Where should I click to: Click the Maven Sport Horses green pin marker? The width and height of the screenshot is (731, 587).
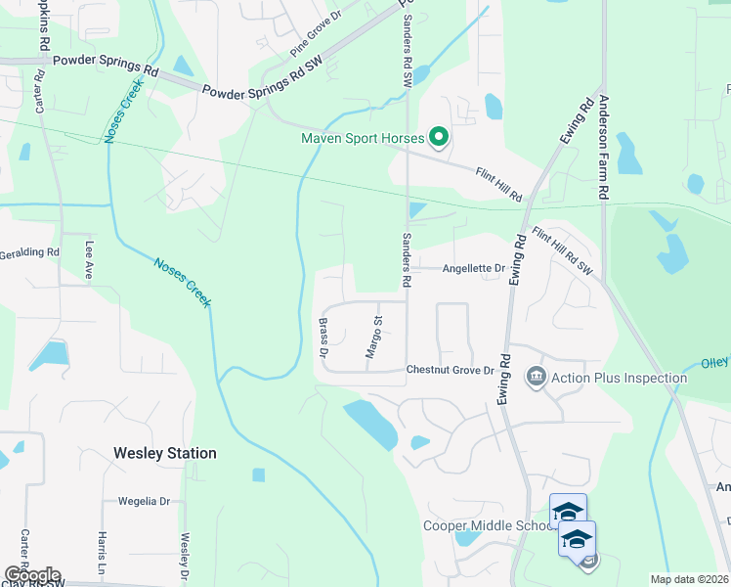click(x=439, y=137)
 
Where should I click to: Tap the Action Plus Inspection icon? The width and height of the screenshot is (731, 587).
click(x=536, y=377)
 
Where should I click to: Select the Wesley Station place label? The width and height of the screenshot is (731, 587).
click(x=164, y=453)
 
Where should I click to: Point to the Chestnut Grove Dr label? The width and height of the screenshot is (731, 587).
click(x=451, y=370)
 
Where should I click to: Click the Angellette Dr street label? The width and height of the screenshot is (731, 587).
click(x=473, y=268)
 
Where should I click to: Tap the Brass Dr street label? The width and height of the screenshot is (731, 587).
click(x=322, y=336)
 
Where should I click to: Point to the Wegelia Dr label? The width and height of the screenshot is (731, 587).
click(x=144, y=501)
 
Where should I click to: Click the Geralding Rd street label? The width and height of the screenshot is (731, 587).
click(x=29, y=251)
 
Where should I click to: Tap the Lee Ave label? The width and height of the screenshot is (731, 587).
click(x=89, y=261)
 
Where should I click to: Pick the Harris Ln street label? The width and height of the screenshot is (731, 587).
click(x=102, y=553)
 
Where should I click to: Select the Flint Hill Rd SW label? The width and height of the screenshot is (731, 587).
click(x=563, y=250)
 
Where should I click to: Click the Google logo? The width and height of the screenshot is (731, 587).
click(x=32, y=575)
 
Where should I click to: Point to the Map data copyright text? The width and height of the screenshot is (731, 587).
click(x=689, y=579)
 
